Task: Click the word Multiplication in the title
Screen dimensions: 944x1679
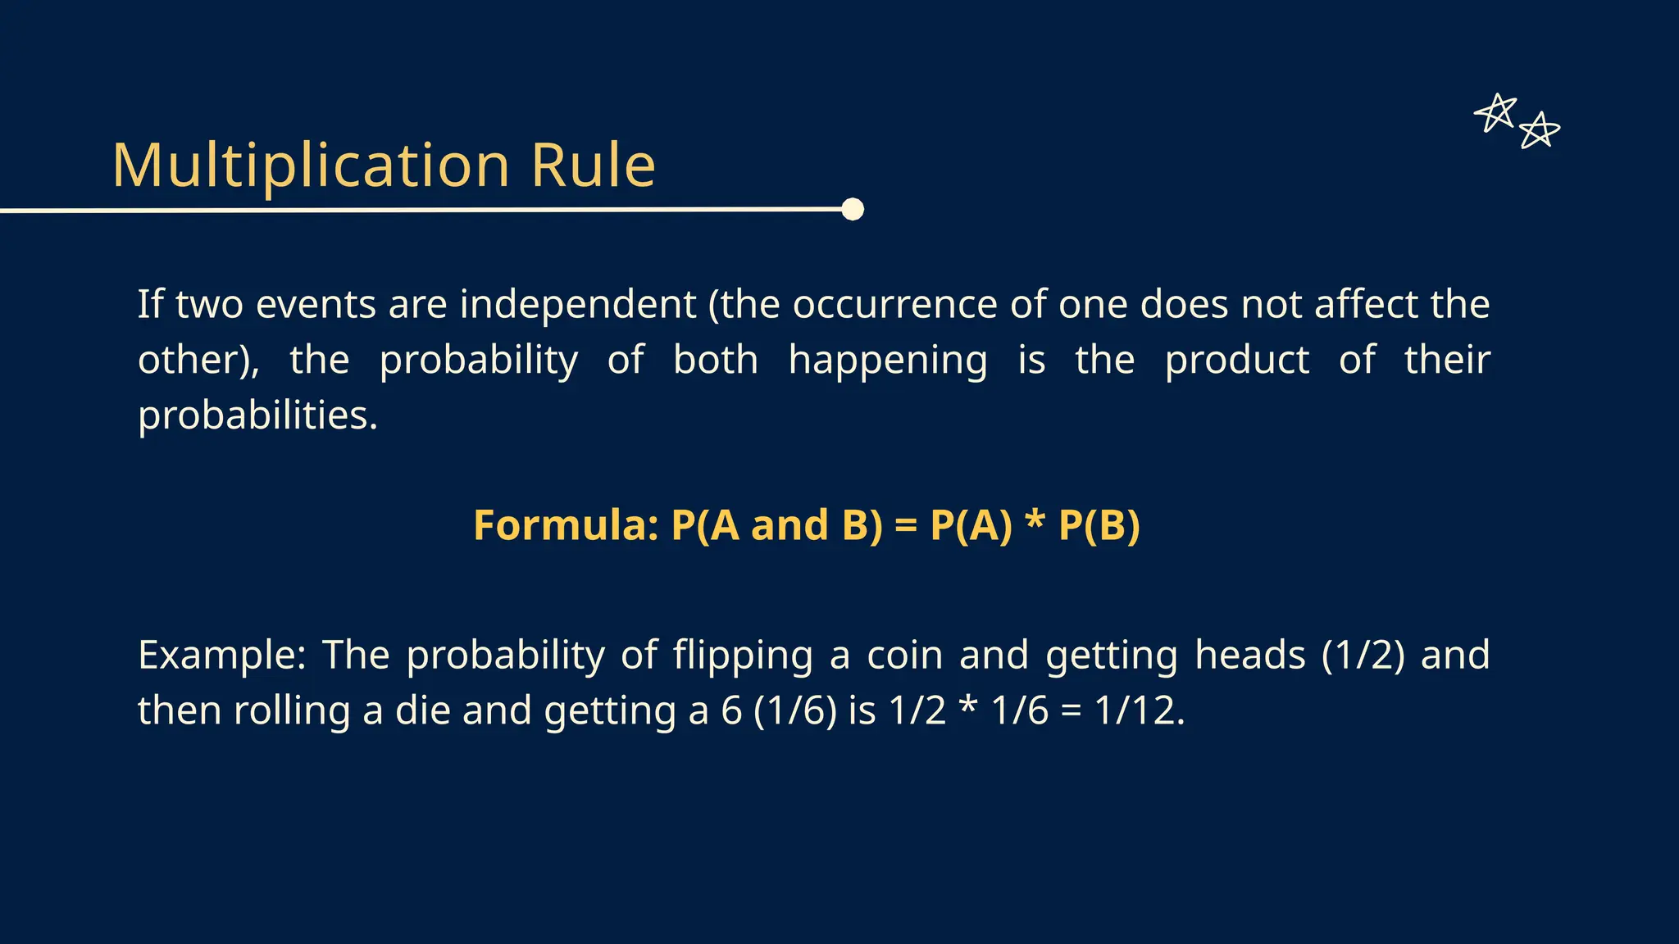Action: [x=312, y=166]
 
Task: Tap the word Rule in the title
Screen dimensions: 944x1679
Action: [x=593, y=166]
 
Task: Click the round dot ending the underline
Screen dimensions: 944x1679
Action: [x=853, y=210]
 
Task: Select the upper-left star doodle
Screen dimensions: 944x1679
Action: [x=1496, y=112]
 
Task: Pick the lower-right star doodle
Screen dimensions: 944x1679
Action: [x=1539, y=131]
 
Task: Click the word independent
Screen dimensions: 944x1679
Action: [x=577, y=304]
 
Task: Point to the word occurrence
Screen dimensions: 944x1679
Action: [x=894, y=304]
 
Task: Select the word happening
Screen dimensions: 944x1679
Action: [x=887, y=360]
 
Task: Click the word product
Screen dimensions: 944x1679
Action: [x=1236, y=360]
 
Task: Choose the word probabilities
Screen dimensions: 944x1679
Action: [x=257, y=415]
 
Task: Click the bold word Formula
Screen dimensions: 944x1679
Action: [x=566, y=525]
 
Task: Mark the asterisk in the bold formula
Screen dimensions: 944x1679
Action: [x=1035, y=522]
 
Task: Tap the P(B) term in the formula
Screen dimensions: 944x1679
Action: [x=1099, y=525]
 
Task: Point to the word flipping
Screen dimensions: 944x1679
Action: [x=743, y=655]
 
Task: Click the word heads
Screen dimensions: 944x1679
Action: [x=1249, y=655]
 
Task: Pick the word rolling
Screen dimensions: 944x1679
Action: [x=292, y=710]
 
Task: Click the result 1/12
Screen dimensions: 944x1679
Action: [x=1139, y=710]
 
